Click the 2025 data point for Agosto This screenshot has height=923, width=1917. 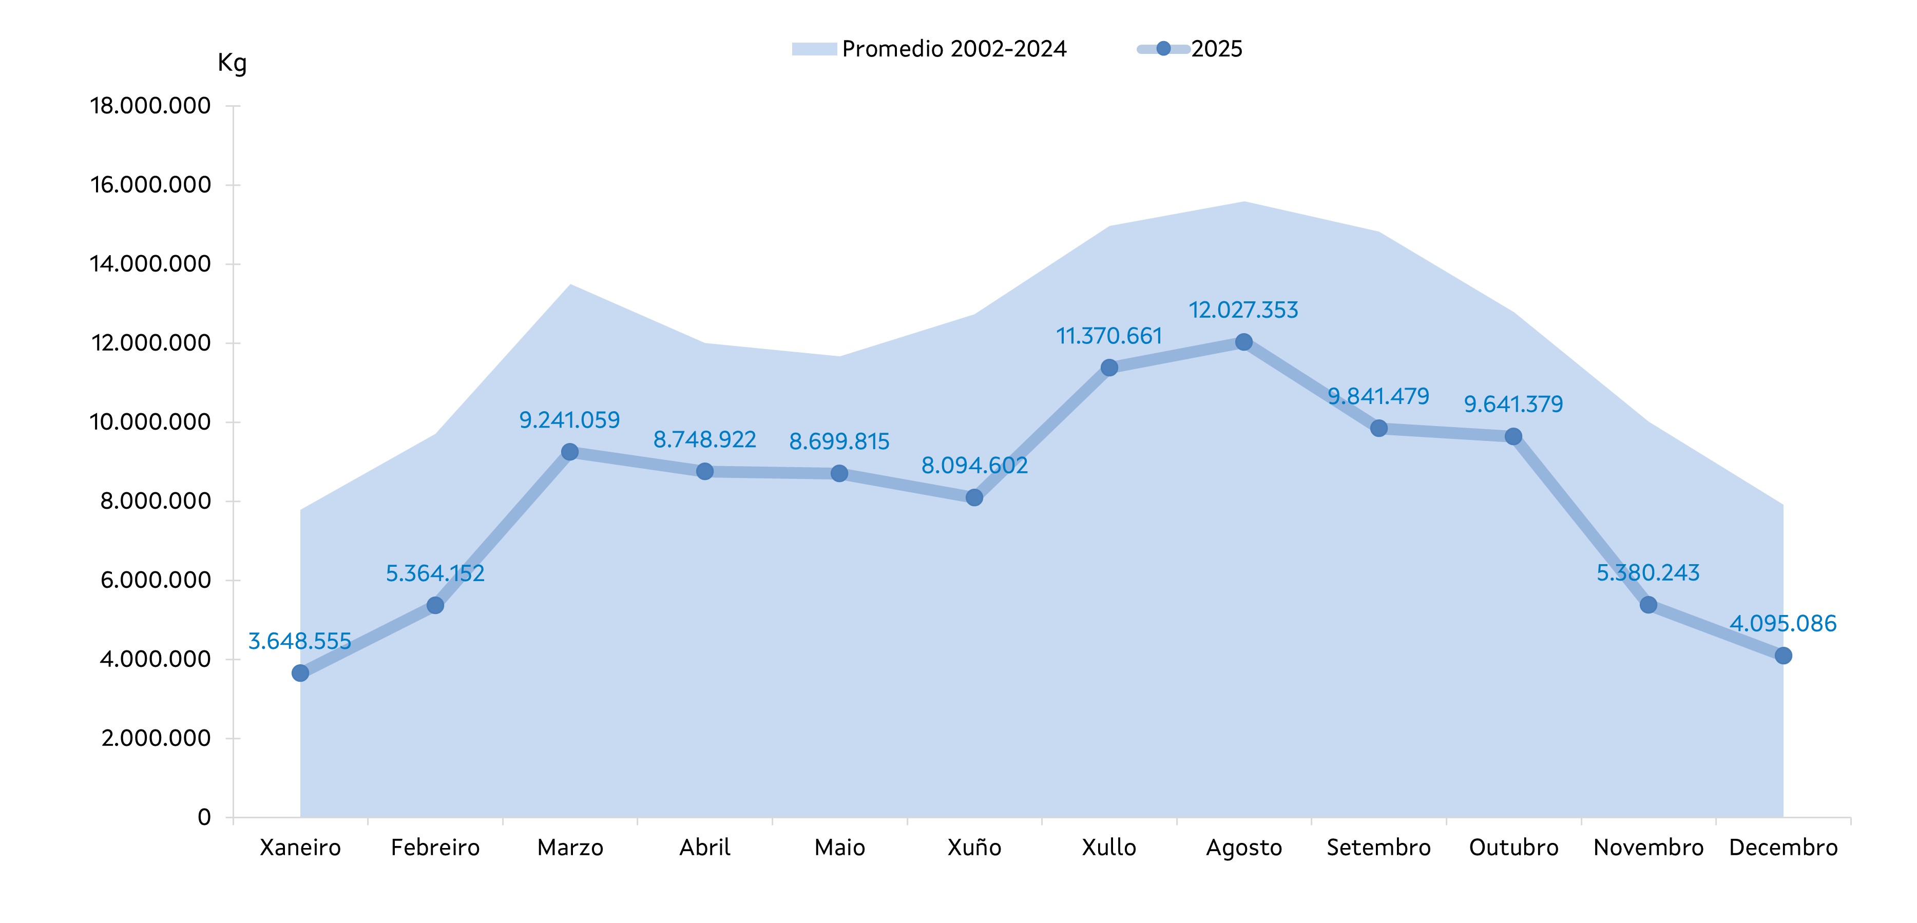click(1243, 342)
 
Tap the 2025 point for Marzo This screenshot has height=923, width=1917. click(570, 452)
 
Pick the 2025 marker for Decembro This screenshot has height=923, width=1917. click(1783, 656)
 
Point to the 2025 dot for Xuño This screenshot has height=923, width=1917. click(974, 497)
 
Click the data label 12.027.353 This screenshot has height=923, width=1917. click(1243, 310)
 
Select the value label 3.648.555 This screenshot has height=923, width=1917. click(299, 641)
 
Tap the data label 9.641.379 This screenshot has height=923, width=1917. click(1513, 404)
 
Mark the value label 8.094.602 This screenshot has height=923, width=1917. click(974, 465)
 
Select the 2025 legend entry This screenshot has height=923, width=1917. click(1191, 49)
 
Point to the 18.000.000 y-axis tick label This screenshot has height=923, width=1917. click(150, 106)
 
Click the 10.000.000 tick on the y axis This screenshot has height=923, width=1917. click(150, 422)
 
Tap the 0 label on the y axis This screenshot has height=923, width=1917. click(204, 817)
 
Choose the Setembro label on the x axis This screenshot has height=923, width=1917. click(1378, 847)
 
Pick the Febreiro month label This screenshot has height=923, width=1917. click(435, 847)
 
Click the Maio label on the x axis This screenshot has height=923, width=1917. click(839, 847)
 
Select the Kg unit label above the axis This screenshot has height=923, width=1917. click(232, 63)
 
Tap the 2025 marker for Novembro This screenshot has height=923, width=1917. click(1648, 605)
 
